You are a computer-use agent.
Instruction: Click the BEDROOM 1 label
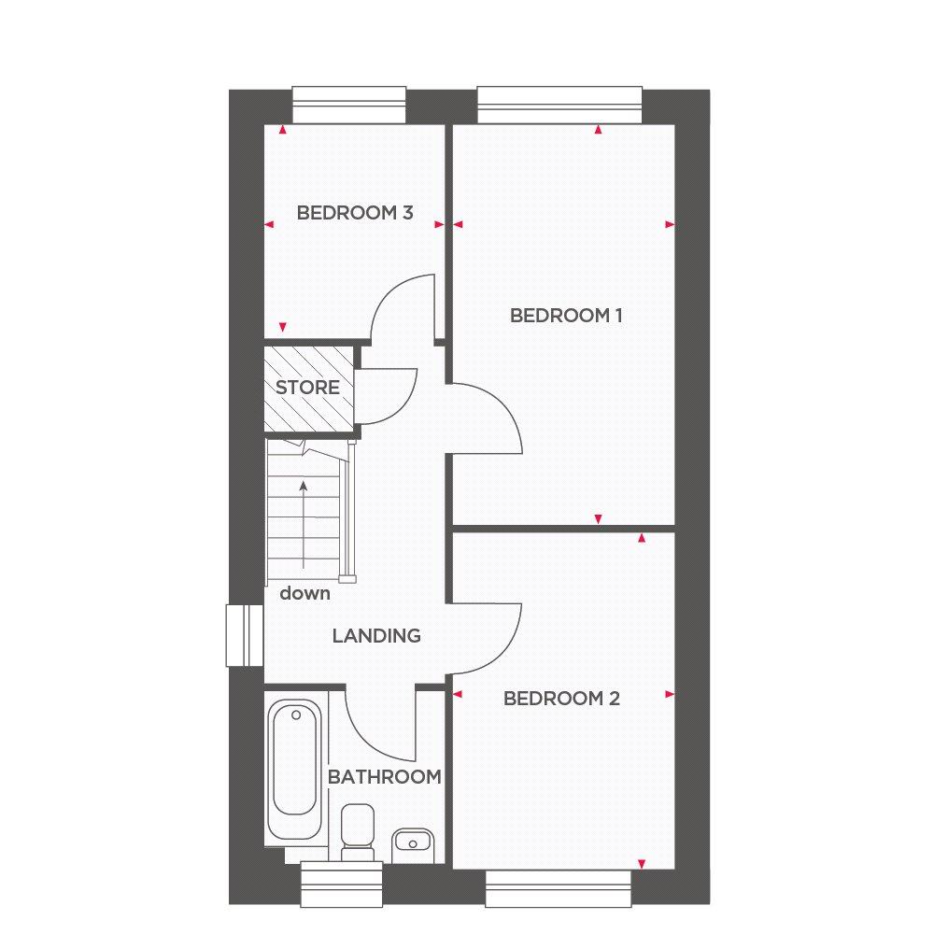click(566, 316)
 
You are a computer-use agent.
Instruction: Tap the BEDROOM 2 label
click(561, 698)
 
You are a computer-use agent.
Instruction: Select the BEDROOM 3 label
click(355, 213)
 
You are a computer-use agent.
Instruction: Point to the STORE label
click(307, 388)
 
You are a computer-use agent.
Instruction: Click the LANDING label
click(376, 636)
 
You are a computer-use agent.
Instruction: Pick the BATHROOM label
click(384, 777)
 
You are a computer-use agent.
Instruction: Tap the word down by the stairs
click(304, 593)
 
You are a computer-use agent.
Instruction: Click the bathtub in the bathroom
click(295, 769)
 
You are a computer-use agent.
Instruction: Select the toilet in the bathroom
click(358, 832)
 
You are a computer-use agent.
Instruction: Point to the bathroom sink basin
click(413, 843)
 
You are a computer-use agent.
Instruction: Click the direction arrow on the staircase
click(304, 525)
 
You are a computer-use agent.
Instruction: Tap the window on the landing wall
click(244, 635)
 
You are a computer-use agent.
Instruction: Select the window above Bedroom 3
click(349, 106)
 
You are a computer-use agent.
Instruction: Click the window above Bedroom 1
click(559, 106)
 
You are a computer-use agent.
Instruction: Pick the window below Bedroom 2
click(559, 889)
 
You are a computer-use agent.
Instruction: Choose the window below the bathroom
click(341, 884)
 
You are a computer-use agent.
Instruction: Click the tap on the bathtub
click(295, 715)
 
